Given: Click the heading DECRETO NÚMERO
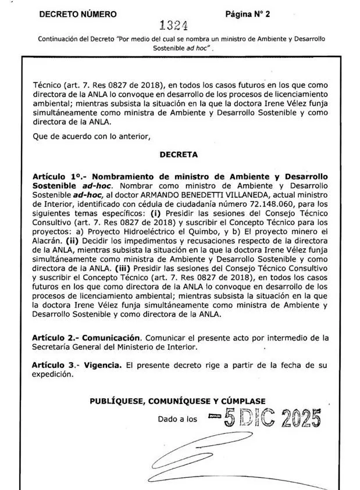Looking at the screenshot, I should click(77, 15).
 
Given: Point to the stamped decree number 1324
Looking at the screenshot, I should click(173, 26).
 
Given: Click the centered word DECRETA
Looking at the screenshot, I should click(179, 155).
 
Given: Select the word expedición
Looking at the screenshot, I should click(53, 374).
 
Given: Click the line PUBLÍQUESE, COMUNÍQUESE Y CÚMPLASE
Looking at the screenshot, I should click(178, 401).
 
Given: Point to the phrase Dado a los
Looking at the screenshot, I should click(177, 419).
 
